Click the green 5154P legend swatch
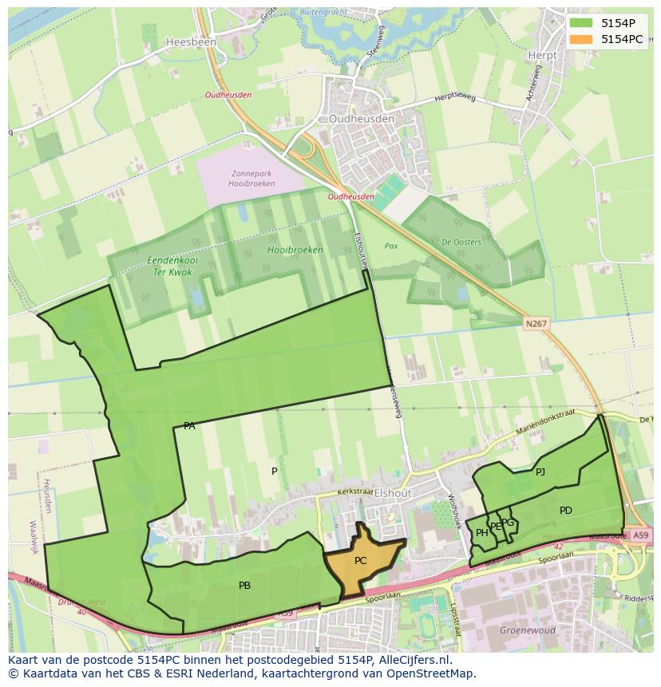(581, 23)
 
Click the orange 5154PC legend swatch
(581, 39)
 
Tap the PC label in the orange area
(360, 561)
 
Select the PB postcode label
(244, 586)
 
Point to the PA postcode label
(189, 426)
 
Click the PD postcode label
(565, 511)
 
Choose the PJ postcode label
(540, 472)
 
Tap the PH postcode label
(481, 533)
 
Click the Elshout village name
(392, 494)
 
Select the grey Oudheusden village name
(362, 119)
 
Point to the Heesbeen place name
(186, 41)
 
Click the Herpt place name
(542, 56)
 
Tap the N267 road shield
(536, 323)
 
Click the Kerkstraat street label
(355, 493)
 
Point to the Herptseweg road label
(454, 98)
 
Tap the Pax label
(391, 247)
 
